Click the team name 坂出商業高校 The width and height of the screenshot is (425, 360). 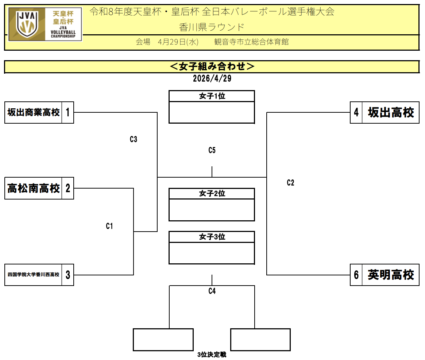pyautogui.click(x=34, y=112)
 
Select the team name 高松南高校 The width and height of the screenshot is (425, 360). pyautogui.click(x=34, y=188)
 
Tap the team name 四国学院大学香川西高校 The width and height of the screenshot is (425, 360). pyautogui.click(x=34, y=275)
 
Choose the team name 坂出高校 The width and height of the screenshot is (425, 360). pyautogui.click(x=391, y=112)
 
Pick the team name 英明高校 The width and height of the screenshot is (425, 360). pyautogui.click(x=391, y=275)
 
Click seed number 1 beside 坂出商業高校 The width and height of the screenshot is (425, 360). pyautogui.click(x=67, y=112)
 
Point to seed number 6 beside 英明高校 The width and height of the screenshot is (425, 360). pyautogui.click(x=356, y=275)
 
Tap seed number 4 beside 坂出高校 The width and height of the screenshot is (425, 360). pyautogui.click(x=356, y=112)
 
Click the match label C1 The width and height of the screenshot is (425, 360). pyautogui.click(x=109, y=226)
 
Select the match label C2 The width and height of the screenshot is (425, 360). pyautogui.click(x=290, y=183)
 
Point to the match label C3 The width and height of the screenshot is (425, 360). pyautogui.click(x=134, y=139)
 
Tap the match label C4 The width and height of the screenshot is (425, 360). pyautogui.click(x=212, y=291)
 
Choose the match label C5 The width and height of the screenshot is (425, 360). pyautogui.click(x=212, y=150)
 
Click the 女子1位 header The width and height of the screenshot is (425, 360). pyautogui.click(x=212, y=96)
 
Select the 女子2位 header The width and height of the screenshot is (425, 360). pyautogui.click(x=212, y=194)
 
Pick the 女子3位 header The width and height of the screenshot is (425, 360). pyautogui.click(x=212, y=237)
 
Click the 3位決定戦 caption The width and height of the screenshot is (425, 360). pyautogui.click(x=212, y=355)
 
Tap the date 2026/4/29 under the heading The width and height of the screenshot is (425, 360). pyautogui.click(x=212, y=78)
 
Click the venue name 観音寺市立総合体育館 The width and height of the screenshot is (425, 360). pyautogui.click(x=251, y=42)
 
